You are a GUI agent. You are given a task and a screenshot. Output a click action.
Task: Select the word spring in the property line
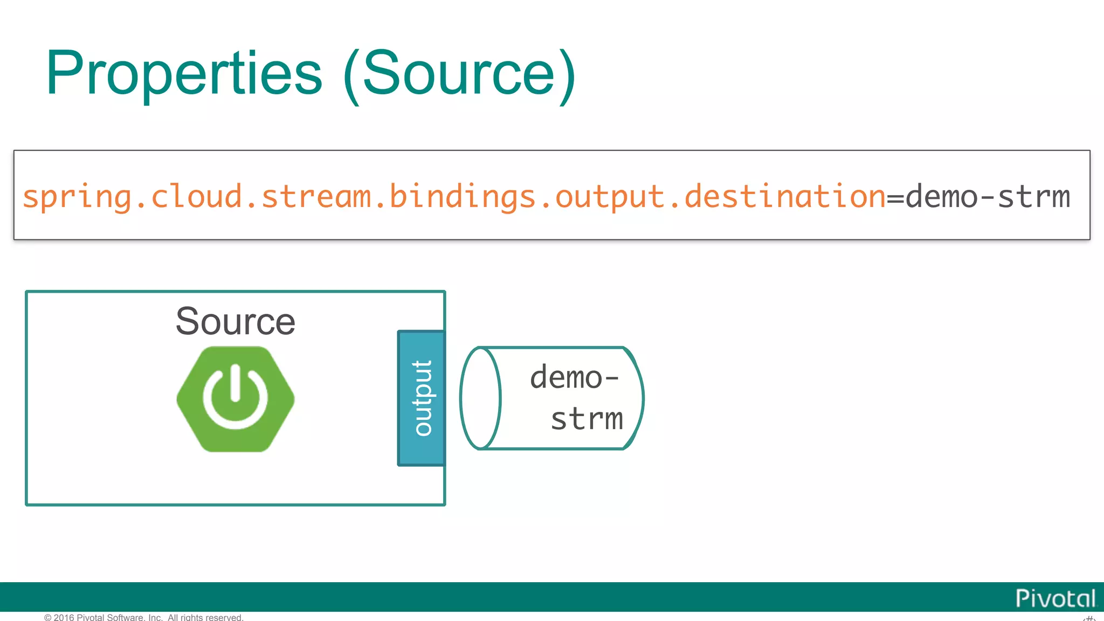click(77, 197)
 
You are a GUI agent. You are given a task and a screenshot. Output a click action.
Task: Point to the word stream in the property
click(316, 197)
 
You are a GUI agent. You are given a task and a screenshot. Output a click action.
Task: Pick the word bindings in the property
click(463, 197)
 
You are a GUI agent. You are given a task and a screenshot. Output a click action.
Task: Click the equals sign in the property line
click(895, 198)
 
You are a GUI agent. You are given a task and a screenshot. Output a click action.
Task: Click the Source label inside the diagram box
click(236, 321)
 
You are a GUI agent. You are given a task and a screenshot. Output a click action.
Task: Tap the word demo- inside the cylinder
click(574, 377)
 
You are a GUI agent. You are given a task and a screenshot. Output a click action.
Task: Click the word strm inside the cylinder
click(586, 419)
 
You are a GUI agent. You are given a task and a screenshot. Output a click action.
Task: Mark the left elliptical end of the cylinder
click(480, 398)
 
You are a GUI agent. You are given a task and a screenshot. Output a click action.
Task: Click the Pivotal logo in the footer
click(1055, 598)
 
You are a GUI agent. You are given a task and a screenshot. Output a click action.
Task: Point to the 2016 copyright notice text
click(144, 617)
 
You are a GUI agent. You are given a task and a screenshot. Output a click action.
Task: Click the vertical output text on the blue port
click(422, 398)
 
